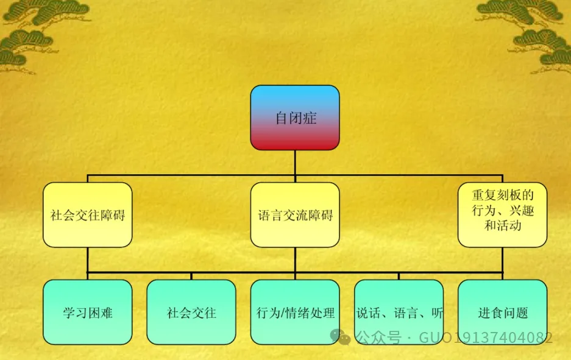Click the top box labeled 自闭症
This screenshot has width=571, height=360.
pos(295,118)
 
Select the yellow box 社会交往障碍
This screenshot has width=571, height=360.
pos(88,215)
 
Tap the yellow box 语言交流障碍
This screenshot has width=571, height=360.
pos(295,215)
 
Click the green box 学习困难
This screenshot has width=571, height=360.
pos(88,312)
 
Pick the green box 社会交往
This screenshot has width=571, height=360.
pos(191,312)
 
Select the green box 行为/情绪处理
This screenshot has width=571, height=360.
pos(295,312)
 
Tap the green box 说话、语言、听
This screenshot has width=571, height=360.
pos(399,312)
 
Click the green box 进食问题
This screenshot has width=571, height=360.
pos(502,312)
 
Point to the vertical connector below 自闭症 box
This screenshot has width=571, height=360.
pos(295,163)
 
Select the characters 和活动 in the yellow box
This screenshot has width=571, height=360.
pos(502,226)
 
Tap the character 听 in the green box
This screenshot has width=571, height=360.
pos(437,313)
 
